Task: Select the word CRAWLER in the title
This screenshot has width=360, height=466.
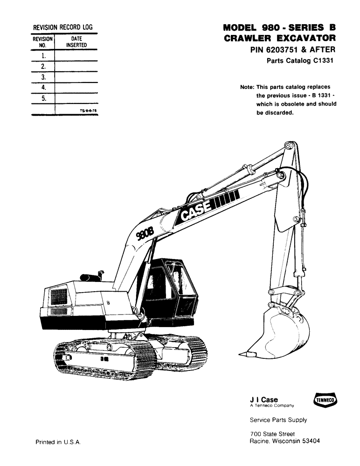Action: click(247, 38)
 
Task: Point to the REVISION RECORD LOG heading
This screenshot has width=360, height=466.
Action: click(62, 27)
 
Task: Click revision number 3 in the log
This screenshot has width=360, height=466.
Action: click(43, 77)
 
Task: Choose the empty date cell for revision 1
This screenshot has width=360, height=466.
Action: click(76, 55)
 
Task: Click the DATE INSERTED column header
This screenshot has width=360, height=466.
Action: click(76, 42)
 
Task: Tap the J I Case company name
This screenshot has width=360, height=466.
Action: click(264, 400)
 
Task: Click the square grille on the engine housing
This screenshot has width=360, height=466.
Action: click(59, 296)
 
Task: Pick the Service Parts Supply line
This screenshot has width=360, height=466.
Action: click(278, 420)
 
